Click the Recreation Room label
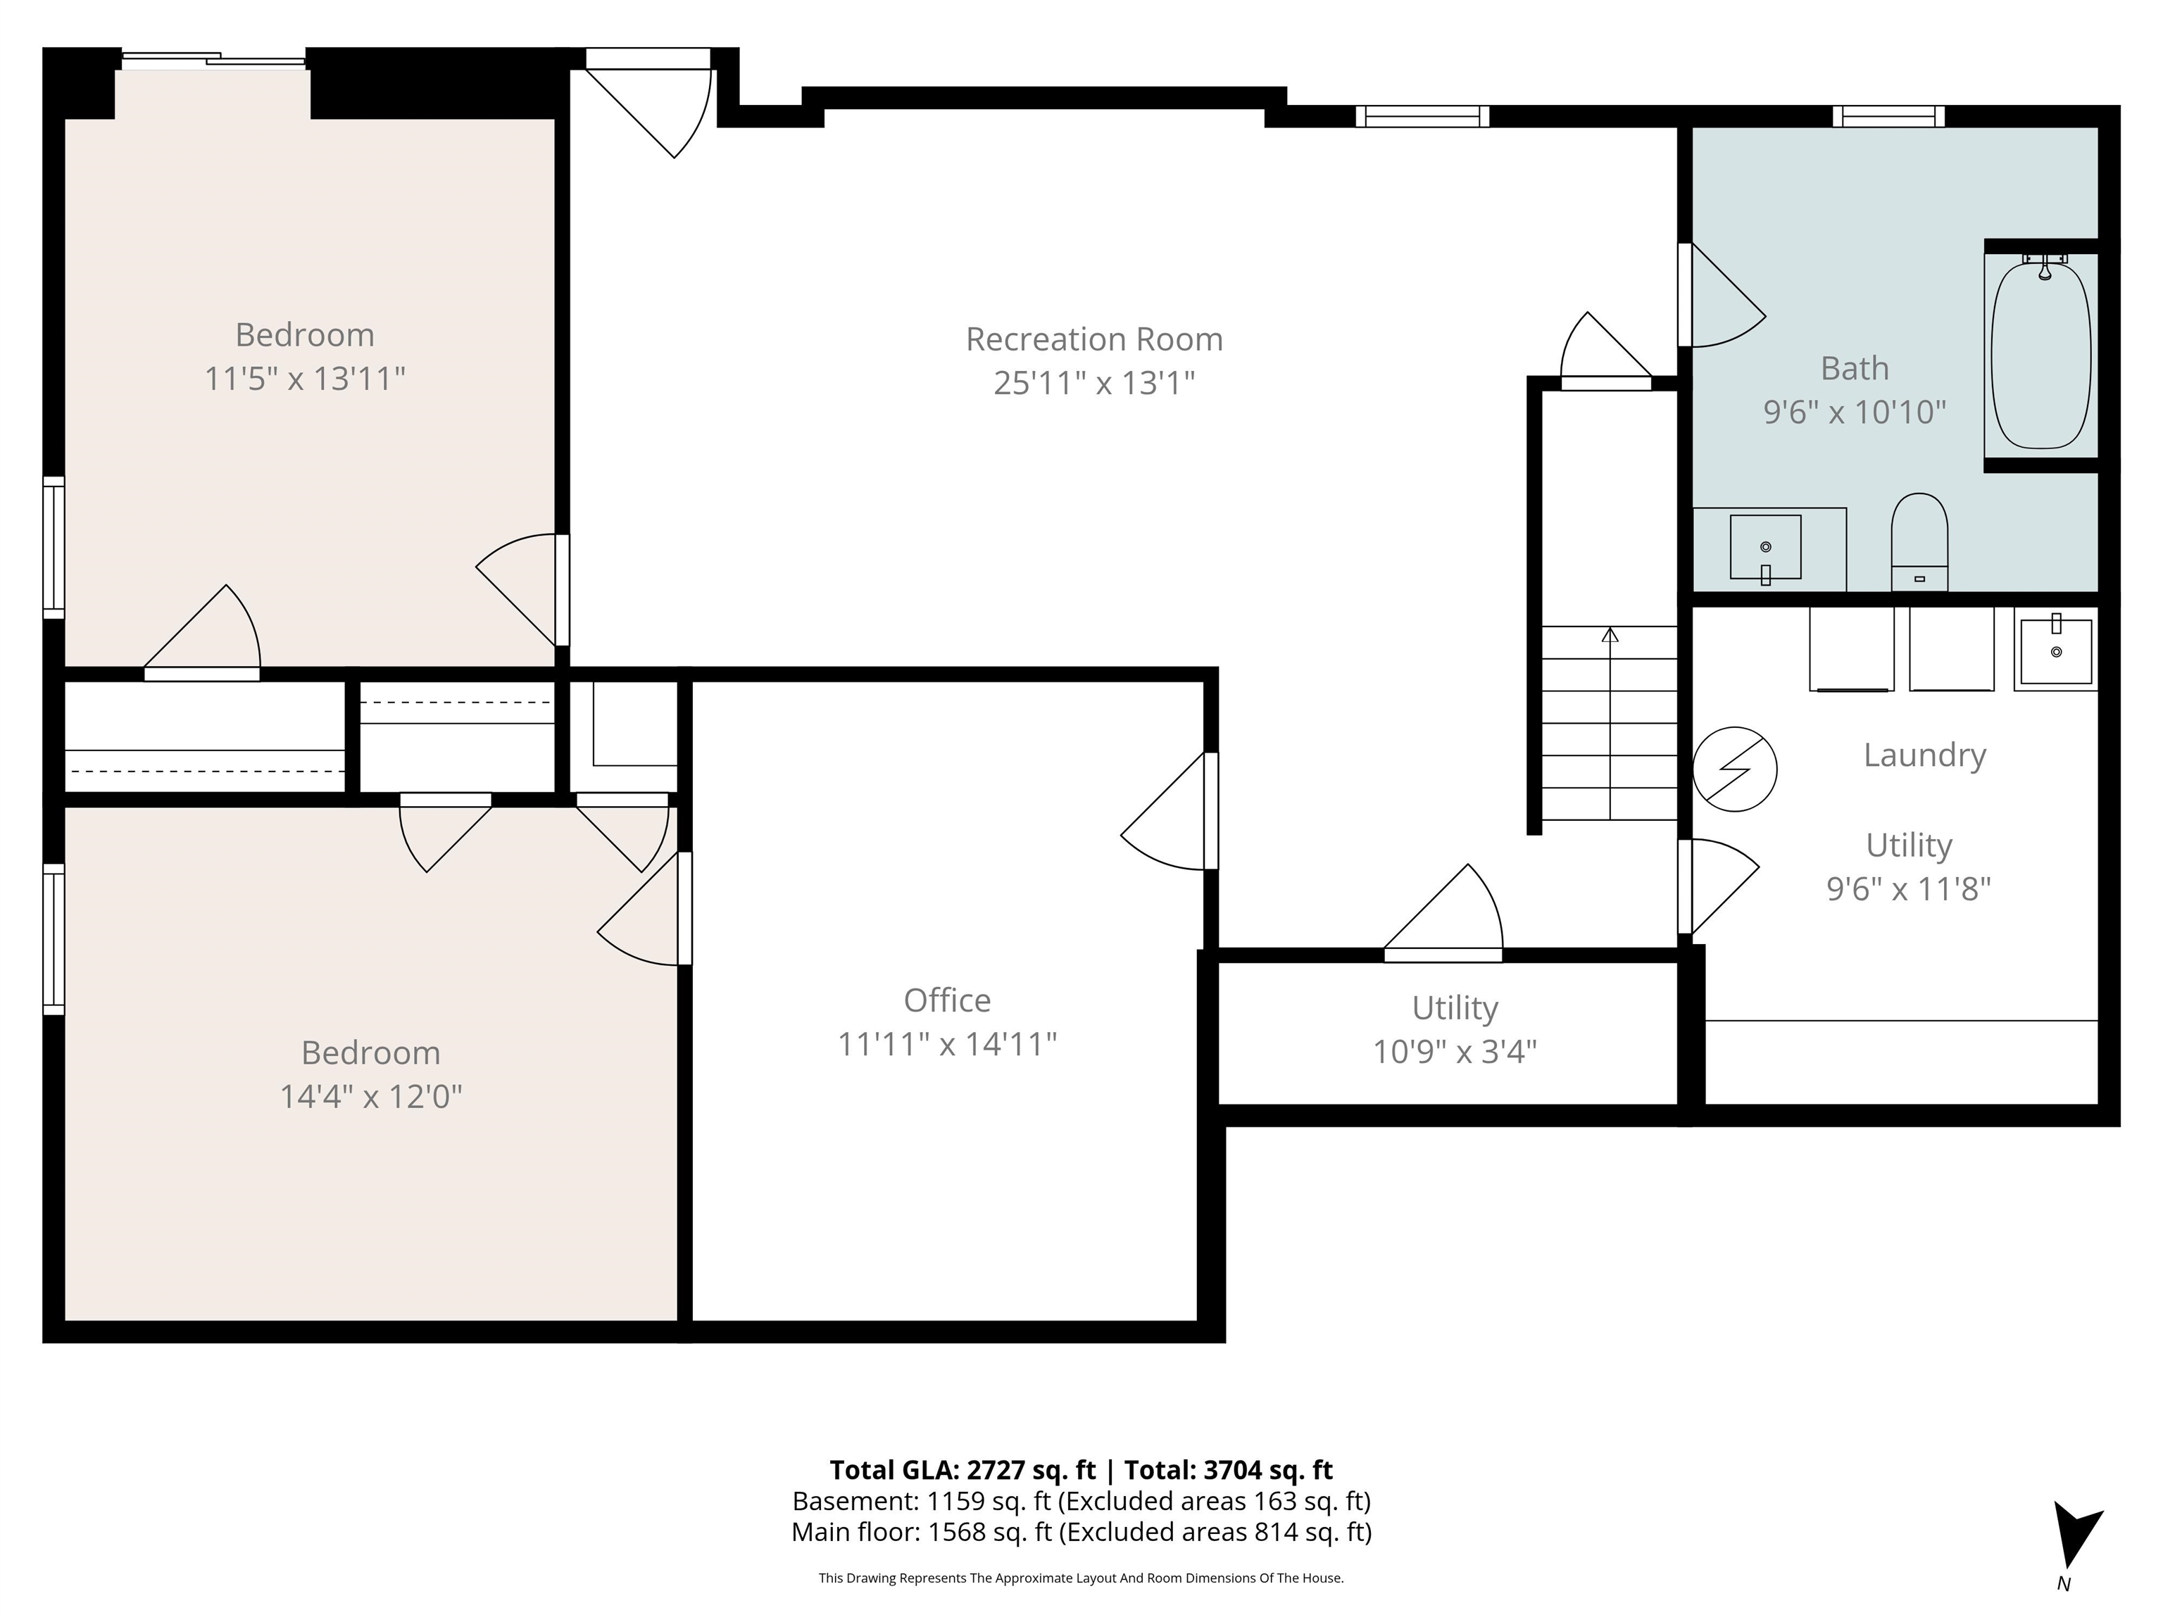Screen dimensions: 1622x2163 pyautogui.click(x=1093, y=339)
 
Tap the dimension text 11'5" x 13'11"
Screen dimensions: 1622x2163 pyautogui.click(x=304, y=378)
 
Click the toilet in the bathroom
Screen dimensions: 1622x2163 pyautogui.click(x=1919, y=541)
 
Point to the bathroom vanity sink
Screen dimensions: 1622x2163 pyautogui.click(x=1765, y=548)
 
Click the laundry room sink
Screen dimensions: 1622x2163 pyautogui.click(x=2055, y=650)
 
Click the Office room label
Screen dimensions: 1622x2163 pyautogui.click(x=946, y=1000)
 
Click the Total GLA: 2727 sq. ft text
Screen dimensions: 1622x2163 pyautogui.click(x=963, y=1469)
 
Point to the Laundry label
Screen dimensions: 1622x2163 pyautogui.click(x=1924, y=755)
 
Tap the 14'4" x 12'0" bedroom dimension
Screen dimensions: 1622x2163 pyautogui.click(x=370, y=1097)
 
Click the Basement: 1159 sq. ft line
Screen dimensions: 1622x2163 pyautogui.click(x=1081, y=1501)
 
